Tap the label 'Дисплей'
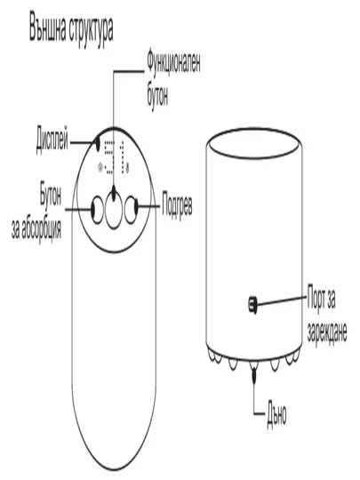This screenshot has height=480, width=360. click(x=52, y=141)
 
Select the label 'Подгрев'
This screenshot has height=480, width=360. click(x=177, y=205)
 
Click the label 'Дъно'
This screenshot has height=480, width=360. click(x=276, y=414)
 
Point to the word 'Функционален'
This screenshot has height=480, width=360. click(x=173, y=63)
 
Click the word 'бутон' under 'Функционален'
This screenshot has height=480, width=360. click(x=157, y=94)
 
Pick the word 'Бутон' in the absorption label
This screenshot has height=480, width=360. click(x=51, y=195)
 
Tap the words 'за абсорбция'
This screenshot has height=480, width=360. click(x=36, y=228)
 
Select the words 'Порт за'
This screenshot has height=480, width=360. click(x=322, y=298)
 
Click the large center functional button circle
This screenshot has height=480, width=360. click(x=114, y=209)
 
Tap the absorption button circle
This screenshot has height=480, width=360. click(x=98, y=210)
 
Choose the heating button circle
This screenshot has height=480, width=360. click(x=131, y=210)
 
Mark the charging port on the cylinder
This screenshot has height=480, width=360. click(x=252, y=304)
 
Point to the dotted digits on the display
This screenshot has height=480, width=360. click(x=116, y=157)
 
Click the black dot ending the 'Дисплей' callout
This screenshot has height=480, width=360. click(x=98, y=144)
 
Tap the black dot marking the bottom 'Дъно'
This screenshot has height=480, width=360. click(x=253, y=375)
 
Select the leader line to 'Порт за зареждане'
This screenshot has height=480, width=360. click(x=282, y=300)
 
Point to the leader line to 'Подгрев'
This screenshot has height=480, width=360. click(x=148, y=205)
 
